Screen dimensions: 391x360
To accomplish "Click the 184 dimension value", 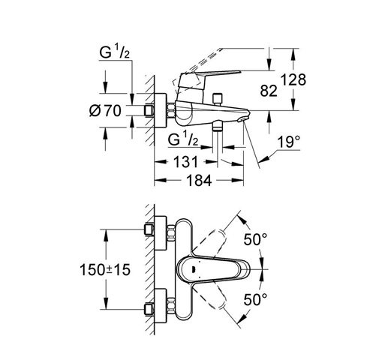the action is pos(199,180).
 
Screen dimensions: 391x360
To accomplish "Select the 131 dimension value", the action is pos(185,162).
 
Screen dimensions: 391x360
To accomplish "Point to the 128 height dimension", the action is pos(293,79).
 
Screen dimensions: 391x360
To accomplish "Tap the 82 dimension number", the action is pos(269,91).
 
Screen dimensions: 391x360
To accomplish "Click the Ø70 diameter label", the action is pos(105,111).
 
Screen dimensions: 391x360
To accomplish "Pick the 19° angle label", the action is pos(288,142).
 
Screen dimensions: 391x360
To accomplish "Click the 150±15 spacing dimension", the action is pos(105,270).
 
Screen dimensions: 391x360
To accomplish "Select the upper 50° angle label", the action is pos(255,239).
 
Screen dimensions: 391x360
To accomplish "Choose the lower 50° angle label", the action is pos(255,299).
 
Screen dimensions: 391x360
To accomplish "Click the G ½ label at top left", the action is pos(114,52).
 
